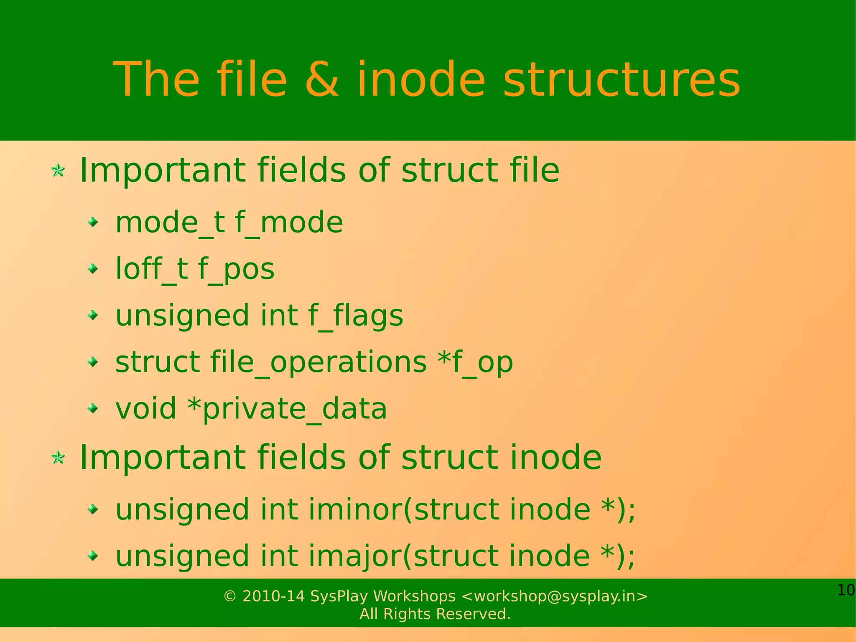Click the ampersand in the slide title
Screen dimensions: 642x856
point(322,79)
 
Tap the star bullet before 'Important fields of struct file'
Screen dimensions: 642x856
point(58,170)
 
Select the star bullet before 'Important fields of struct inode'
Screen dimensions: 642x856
point(58,458)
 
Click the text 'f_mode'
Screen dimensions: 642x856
point(289,223)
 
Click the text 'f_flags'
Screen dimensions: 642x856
point(356,315)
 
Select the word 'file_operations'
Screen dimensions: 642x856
point(318,362)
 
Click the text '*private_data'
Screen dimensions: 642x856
point(287,409)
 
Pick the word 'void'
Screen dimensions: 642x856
point(145,409)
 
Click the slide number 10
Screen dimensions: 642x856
point(846,591)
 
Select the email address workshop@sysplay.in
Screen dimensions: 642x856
point(554,596)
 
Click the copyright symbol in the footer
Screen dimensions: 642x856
point(230,596)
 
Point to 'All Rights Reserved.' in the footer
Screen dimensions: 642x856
point(435,614)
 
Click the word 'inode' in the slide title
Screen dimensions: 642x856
point(420,79)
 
